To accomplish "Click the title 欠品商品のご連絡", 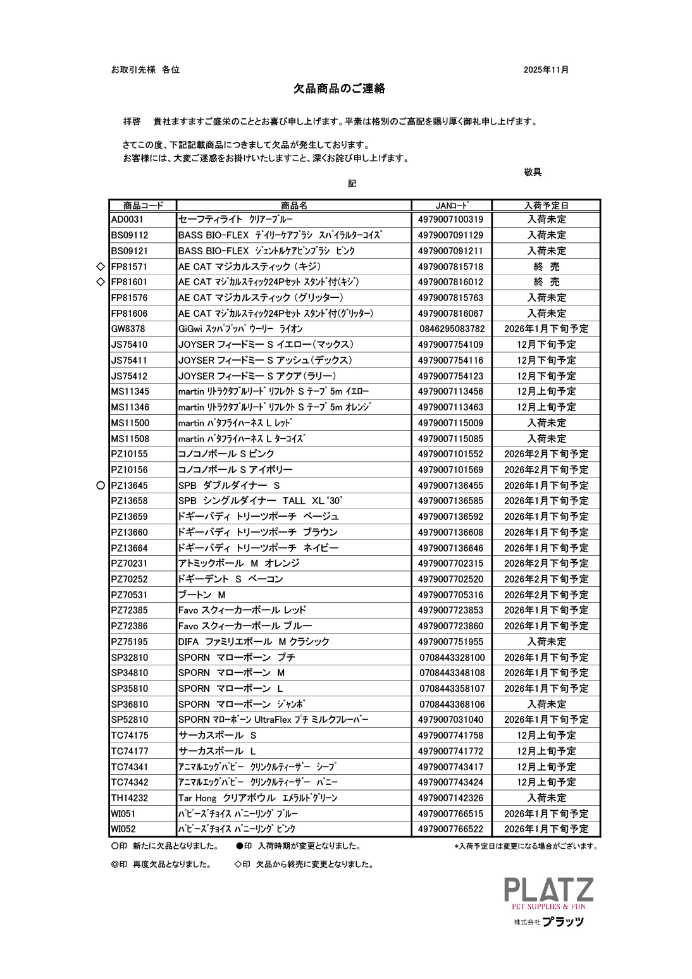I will [x=339, y=89].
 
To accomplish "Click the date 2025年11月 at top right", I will [x=546, y=70].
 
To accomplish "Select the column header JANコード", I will [x=452, y=206].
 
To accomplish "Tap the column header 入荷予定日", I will [x=546, y=206].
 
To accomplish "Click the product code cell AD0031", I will [x=128, y=219].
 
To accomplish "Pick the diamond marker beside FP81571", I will [x=100, y=266].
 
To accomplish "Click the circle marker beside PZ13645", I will [x=100, y=486].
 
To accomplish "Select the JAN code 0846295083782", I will [x=452, y=329].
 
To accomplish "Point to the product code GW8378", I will [x=128, y=329].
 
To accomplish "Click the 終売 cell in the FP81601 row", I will [x=546, y=282].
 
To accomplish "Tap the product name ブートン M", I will [x=202, y=595].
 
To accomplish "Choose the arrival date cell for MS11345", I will [x=546, y=391].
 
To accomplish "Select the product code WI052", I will [x=123, y=829].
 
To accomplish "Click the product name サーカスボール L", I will [x=217, y=751].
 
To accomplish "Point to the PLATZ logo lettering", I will [x=548, y=890].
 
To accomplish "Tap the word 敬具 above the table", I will [x=533, y=172].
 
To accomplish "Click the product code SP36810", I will [x=130, y=705].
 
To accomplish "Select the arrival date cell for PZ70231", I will [x=546, y=563].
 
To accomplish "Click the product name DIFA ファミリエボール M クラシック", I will [x=254, y=642].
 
